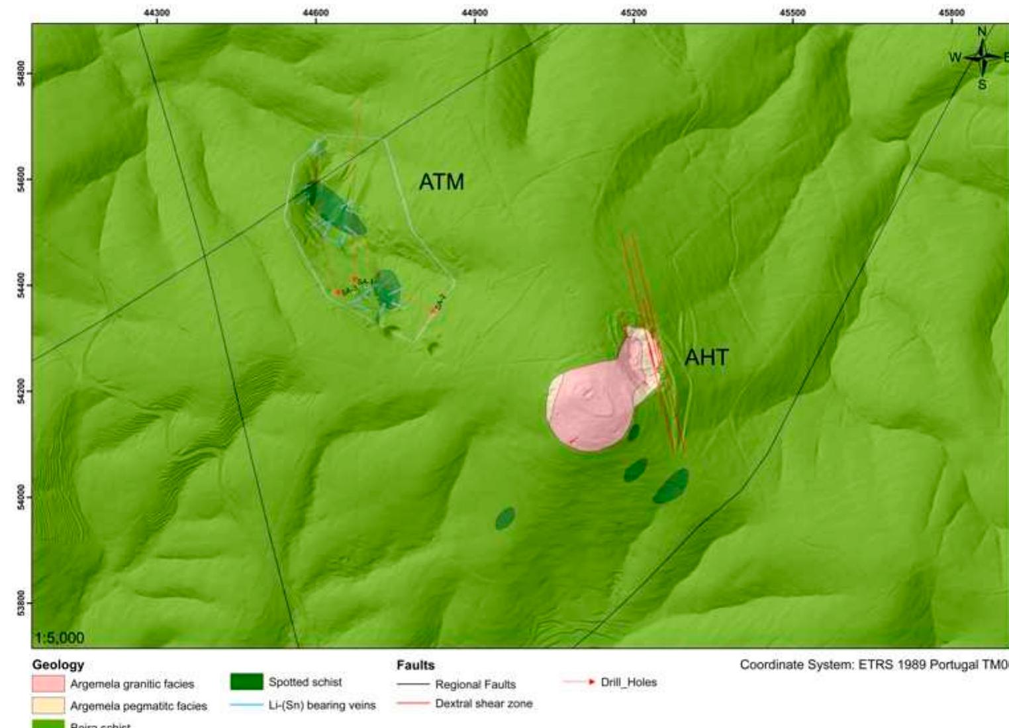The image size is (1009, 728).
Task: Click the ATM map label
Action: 442,182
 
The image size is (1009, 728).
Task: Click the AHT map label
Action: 706,358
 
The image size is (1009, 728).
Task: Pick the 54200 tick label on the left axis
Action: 21,391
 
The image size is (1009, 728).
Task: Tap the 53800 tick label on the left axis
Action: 21,603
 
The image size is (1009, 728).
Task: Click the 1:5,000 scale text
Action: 60,638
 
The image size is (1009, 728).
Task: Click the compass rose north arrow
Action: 983,57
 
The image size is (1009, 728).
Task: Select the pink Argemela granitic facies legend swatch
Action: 48,684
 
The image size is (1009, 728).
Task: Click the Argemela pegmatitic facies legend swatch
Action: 48,705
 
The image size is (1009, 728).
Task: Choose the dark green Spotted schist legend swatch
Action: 246,682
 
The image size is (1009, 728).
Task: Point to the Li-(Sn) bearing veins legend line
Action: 246,705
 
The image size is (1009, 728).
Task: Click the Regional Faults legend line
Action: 412,684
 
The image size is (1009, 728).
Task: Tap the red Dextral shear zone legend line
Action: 412,703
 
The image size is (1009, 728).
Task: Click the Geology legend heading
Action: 58,664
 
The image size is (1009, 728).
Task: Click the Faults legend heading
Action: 415,664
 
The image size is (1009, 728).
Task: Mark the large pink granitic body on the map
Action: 586,407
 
